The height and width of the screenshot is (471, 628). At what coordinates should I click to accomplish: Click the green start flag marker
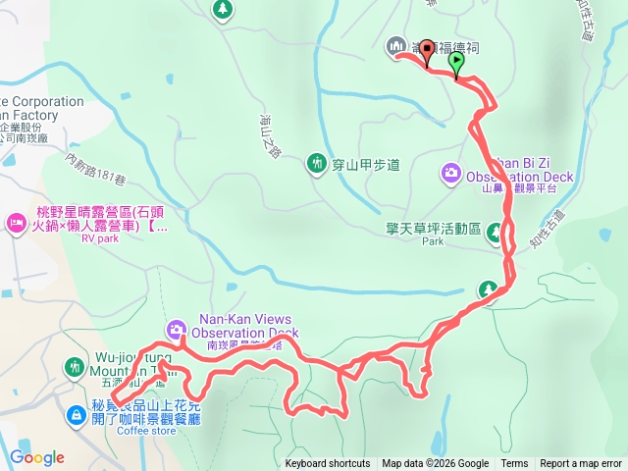(456, 63)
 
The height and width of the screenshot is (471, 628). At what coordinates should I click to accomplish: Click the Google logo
(37, 457)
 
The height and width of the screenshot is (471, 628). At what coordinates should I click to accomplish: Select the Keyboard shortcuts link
(328, 464)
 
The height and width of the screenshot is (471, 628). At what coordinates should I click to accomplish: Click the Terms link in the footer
(514, 464)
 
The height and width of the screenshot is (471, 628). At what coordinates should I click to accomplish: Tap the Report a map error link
(581, 464)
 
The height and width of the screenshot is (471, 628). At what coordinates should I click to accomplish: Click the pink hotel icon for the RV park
(18, 223)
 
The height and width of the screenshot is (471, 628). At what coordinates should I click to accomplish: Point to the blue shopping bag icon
(76, 416)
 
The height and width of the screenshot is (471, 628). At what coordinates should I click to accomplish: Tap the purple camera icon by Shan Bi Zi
(450, 173)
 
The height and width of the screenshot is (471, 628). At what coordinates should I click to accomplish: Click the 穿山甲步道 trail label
(365, 164)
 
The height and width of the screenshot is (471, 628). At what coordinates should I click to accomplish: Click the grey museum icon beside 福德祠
(396, 45)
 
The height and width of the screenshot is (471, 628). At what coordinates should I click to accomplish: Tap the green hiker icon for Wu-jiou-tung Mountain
(75, 367)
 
